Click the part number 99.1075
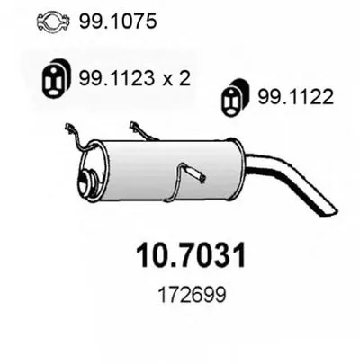coord(118,21)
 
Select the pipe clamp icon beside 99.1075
coord(53,22)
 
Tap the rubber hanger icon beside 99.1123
coord(56,78)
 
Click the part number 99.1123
coord(116,78)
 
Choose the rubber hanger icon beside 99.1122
coord(234,97)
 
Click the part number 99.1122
coord(296,97)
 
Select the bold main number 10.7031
coord(191,256)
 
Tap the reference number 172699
coord(192,295)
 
